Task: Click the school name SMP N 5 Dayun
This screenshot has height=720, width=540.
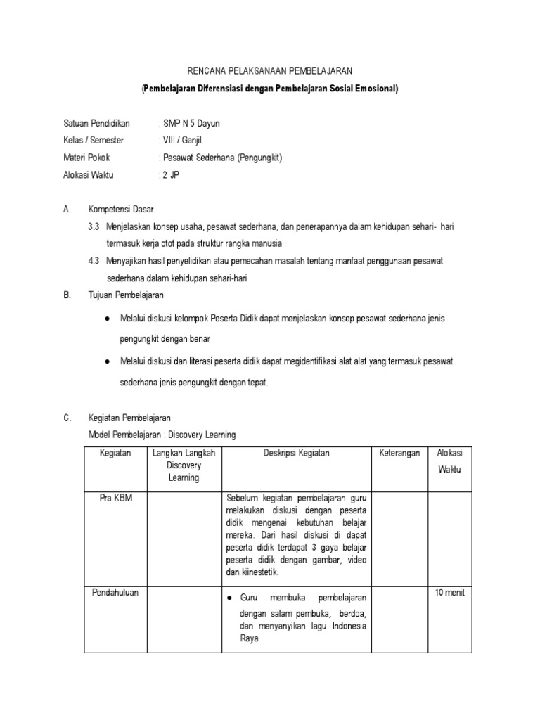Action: (192, 123)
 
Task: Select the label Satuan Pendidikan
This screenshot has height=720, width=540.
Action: (96, 123)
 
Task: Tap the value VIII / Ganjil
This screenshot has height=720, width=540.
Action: (184, 141)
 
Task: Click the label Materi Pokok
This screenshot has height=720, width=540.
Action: (86, 157)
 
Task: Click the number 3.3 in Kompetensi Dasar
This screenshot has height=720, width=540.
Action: (94, 227)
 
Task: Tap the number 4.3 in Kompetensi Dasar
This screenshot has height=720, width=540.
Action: (94, 261)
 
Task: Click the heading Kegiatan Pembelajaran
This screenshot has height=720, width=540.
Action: (129, 418)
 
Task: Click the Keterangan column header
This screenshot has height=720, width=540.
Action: (399, 454)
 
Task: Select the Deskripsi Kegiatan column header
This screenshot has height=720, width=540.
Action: (296, 454)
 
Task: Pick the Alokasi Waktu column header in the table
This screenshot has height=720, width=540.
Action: (449, 461)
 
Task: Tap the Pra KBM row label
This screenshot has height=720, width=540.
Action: (115, 498)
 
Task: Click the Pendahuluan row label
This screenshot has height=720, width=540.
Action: (115, 592)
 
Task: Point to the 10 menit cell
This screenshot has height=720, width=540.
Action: (450, 592)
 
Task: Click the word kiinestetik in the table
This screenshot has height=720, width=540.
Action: (252, 572)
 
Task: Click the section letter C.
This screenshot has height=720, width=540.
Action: (67, 418)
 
